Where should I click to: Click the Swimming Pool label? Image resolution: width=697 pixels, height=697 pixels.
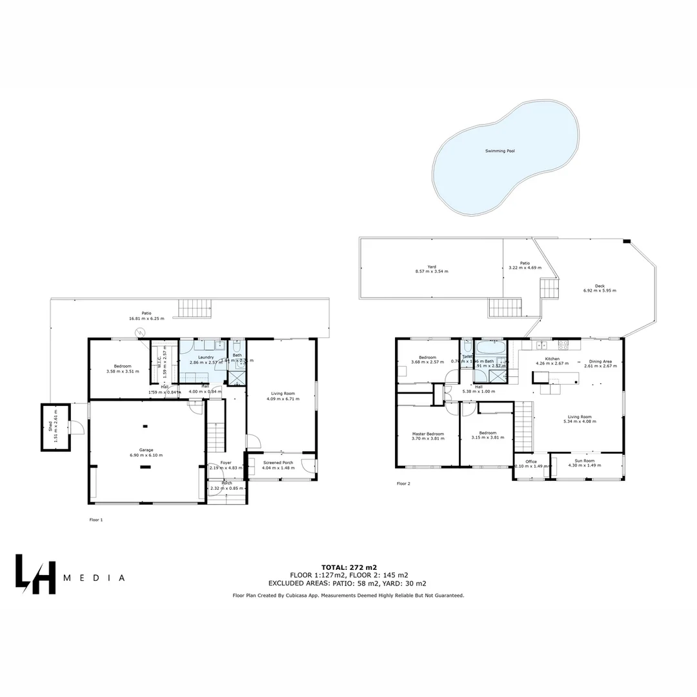500,151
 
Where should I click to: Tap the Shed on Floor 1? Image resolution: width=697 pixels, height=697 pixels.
56,427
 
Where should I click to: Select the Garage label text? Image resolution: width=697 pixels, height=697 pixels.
146,450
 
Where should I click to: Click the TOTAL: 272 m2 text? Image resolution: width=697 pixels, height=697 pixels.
348,567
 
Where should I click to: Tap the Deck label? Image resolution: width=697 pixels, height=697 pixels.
600,285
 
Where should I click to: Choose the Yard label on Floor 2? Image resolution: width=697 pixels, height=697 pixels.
432,267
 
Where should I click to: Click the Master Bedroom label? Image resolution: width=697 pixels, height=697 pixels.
428,434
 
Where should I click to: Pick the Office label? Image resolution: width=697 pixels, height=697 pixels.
531,461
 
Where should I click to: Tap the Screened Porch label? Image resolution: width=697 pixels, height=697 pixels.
278,463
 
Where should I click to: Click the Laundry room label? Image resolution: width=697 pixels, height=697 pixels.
206,358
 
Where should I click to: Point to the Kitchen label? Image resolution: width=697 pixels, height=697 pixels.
552,359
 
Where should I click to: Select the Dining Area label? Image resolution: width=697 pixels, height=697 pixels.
600,361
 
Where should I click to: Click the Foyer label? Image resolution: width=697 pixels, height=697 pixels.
226,463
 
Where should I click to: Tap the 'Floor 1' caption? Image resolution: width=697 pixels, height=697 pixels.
96,520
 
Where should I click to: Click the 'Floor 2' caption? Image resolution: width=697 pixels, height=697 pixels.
403,483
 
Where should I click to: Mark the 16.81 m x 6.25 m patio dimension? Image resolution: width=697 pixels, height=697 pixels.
147,319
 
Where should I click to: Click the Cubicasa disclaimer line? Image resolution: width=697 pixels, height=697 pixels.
348,596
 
